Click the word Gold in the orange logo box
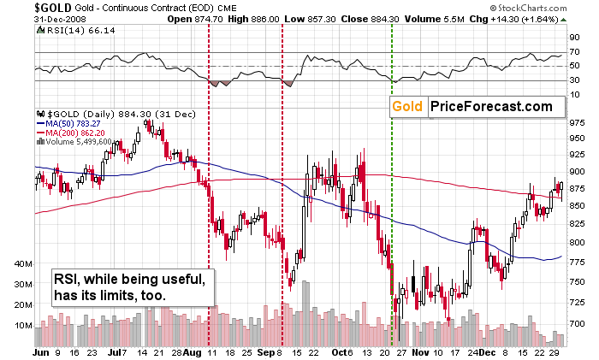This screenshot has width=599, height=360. (x=409, y=107)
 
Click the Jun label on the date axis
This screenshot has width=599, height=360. (x=40, y=351)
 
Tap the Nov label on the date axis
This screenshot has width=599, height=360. (x=418, y=351)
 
